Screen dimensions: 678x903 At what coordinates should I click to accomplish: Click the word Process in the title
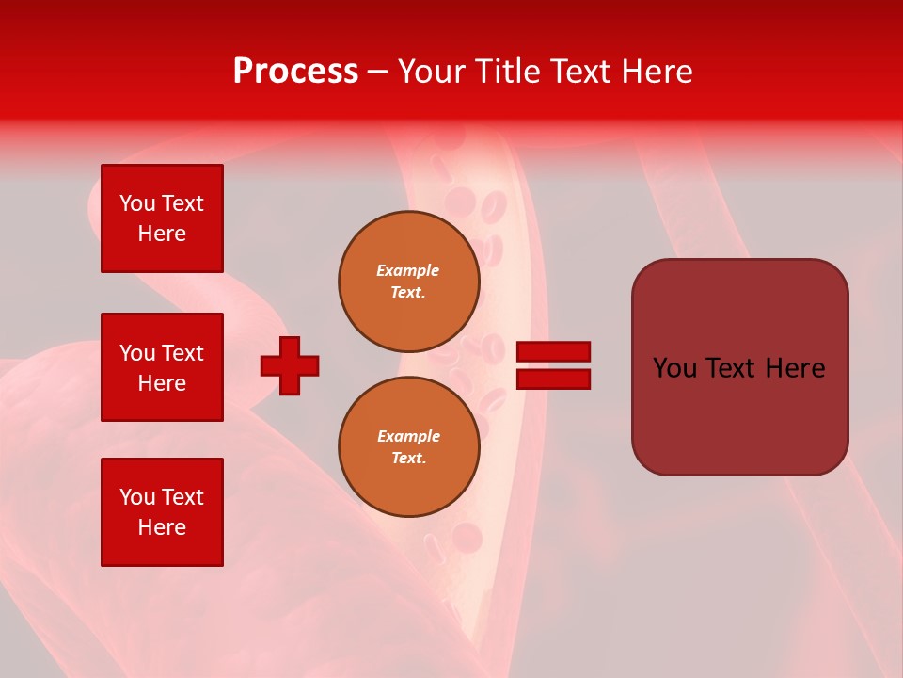295,72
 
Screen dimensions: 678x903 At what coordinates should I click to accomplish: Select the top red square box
162,218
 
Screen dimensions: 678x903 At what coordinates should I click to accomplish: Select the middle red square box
162,367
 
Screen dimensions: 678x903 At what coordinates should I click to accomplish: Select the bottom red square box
162,512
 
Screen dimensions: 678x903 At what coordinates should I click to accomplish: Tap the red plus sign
290,365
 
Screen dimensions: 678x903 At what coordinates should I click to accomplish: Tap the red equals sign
554,365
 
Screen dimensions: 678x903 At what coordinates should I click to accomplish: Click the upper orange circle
409,282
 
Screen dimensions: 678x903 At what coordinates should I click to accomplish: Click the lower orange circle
409,447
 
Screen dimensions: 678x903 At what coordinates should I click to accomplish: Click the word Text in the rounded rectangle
729,368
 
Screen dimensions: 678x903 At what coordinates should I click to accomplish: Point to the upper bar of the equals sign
554,352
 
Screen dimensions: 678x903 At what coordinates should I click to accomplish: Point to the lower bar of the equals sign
554,379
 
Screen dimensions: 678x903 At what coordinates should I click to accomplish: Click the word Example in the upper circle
408,270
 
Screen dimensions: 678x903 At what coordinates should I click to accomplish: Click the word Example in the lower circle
408,436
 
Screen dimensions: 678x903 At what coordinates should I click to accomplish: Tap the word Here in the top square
162,234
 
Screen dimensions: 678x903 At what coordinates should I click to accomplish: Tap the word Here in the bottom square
162,527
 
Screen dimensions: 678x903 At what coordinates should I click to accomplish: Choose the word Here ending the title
658,72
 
